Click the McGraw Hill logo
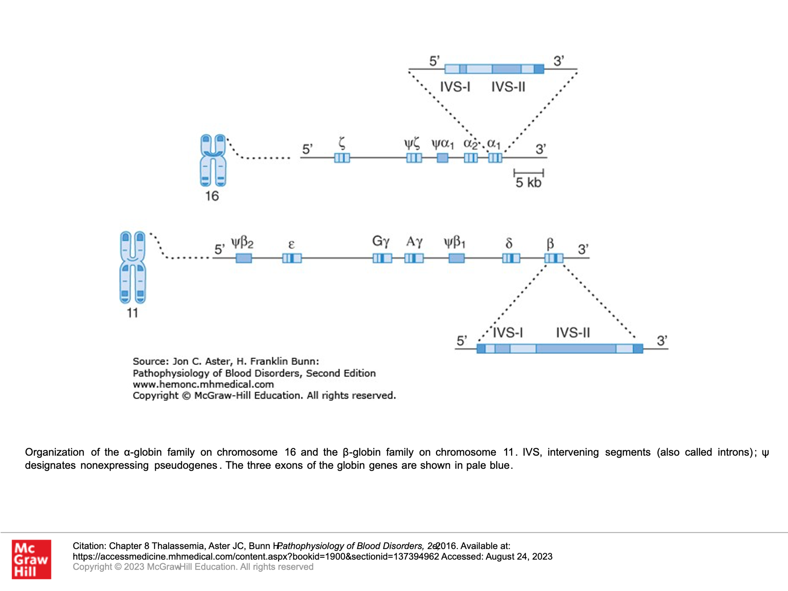[31, 559]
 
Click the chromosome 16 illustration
[213, 160]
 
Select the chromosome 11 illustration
[133, 267]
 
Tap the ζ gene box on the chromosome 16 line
[342, 158]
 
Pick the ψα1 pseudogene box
[443, 158]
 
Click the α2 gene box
[471, 158]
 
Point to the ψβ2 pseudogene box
[244, 258]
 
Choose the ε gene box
[292, 258]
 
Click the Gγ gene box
[382, 258]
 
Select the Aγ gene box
[414, 258]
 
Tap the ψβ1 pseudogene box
[456, 258]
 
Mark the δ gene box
[511, 258]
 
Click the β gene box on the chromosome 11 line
[554, 258]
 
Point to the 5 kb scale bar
[529, 173]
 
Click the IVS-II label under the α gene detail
[508, 87]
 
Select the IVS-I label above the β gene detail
[508, 333]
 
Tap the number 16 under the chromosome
[212, 196]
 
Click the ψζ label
[412, 144]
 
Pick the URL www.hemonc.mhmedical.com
[203, 384]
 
